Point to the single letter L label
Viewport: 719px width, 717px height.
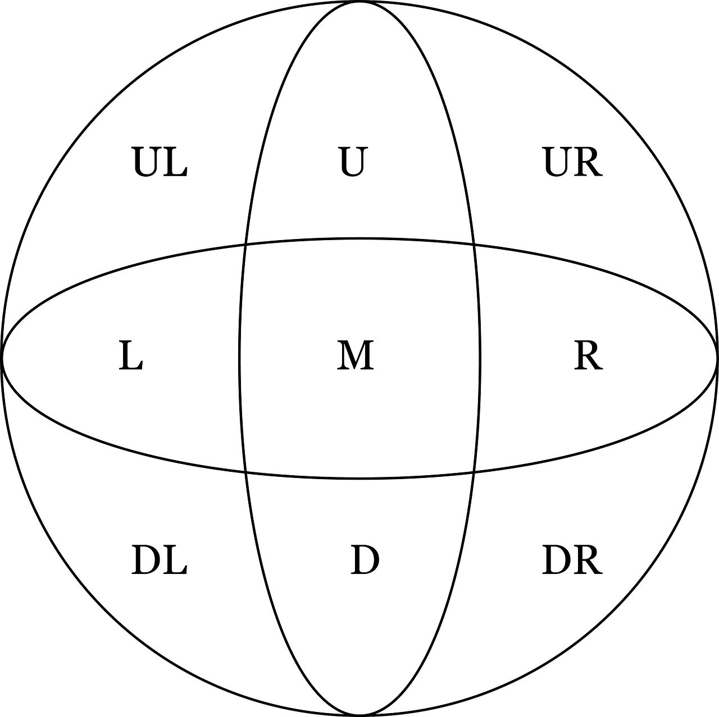pos(130,357)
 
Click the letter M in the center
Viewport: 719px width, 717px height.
pos(355,356)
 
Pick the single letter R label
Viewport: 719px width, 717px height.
pos(588,357)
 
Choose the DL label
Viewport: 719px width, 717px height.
pos(159,560)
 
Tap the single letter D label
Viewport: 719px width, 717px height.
pos(365,560)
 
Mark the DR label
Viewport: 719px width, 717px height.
pos(572,560)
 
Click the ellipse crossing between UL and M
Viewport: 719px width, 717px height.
pos(246,244)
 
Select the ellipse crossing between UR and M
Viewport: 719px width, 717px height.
pos(474,244)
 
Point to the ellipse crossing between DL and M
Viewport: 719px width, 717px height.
pos(246,473)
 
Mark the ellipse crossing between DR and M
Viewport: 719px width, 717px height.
pos(474,473)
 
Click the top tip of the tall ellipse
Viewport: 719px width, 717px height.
pos(359,2)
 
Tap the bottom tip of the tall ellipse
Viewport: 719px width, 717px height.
pos(359,715)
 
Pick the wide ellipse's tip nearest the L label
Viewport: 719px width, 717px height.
pos(2,358)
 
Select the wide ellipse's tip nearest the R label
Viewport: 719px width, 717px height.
pos(717,358)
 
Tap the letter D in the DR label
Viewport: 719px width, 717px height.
pos(557,560)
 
